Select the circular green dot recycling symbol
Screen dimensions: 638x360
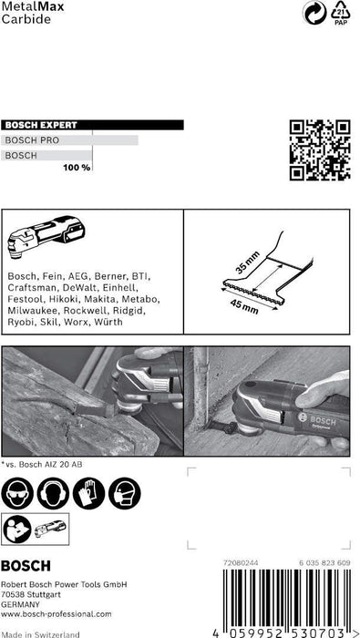312,14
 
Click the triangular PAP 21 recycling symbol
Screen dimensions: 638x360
340,15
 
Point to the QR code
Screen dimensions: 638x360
320,149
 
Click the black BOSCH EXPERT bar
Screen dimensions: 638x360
92,126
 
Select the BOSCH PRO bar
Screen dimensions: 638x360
69,140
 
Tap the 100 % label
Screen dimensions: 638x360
76,168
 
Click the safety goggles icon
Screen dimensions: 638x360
19,494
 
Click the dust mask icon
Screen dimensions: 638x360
123,494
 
